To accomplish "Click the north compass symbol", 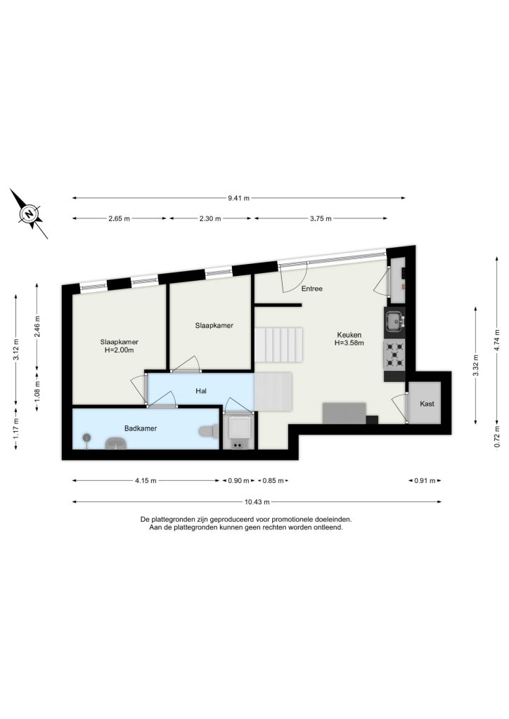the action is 29,214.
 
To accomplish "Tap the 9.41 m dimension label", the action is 238,198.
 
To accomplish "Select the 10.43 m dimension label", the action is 257,501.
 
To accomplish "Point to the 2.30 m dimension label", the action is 210,219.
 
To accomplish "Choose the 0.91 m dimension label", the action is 425,480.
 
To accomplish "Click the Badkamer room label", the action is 141,428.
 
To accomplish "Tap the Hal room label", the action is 201,390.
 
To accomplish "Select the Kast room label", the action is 427,404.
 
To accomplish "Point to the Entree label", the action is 311,289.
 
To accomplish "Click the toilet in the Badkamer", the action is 209,431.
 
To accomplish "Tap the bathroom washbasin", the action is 116,444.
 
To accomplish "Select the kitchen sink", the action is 394,320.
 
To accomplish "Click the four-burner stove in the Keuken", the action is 394,355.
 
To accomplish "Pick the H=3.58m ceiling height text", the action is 349,343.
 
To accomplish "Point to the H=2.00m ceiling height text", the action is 120,350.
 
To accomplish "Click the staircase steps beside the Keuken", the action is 278,344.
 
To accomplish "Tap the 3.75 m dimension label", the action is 321,219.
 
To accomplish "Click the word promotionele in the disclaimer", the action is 292,520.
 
